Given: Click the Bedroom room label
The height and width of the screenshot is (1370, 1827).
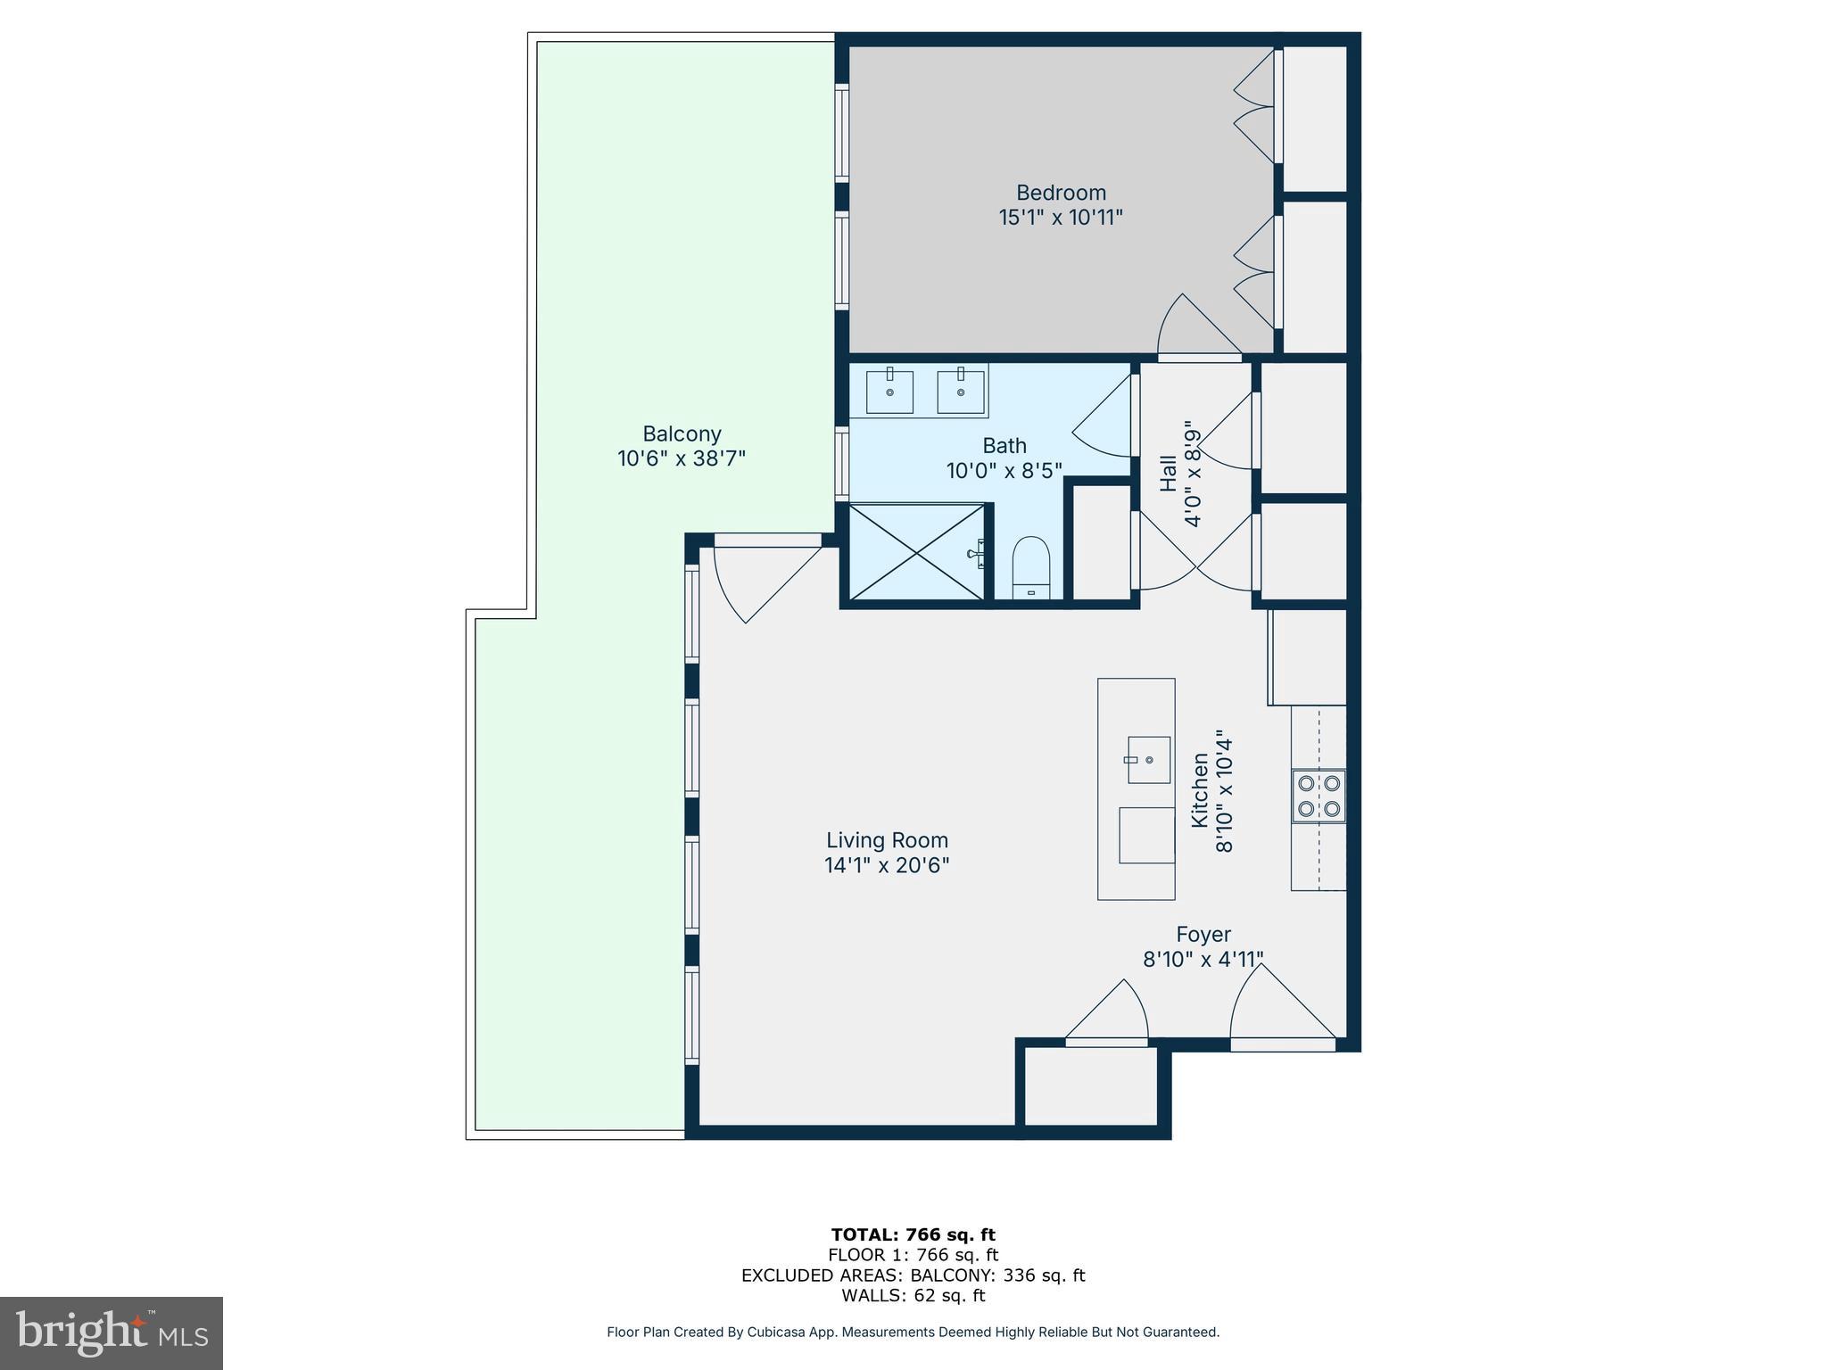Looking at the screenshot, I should point(1061,193).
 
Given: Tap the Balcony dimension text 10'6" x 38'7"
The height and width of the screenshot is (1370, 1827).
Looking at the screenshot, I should point(682,458).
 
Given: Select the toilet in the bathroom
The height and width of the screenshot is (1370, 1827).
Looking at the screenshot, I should point(1032,568).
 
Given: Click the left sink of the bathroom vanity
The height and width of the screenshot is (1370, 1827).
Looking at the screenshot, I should point(889,392).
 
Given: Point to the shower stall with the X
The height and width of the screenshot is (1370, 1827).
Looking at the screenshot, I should point(916,552).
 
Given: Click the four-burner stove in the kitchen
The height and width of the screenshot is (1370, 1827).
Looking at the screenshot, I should point(1319,796).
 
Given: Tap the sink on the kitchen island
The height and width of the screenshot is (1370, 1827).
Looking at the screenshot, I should point(1148,760).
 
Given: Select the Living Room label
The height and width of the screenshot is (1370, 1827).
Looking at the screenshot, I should point(887,840).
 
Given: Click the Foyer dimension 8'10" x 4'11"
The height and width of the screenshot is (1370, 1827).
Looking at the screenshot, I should point(1203,960).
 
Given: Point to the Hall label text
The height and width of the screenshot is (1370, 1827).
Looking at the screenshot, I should point(1168,473).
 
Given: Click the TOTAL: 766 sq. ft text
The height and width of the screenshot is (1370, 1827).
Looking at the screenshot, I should point(913,1234).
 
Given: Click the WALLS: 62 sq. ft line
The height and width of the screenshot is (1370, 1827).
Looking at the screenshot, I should point(913,1296).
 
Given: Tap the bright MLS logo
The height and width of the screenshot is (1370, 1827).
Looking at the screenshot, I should point(112,1333).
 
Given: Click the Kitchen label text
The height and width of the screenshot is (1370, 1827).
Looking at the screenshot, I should point(1201,790).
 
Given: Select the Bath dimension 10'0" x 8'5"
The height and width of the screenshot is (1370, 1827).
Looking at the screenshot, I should point(1004,470).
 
